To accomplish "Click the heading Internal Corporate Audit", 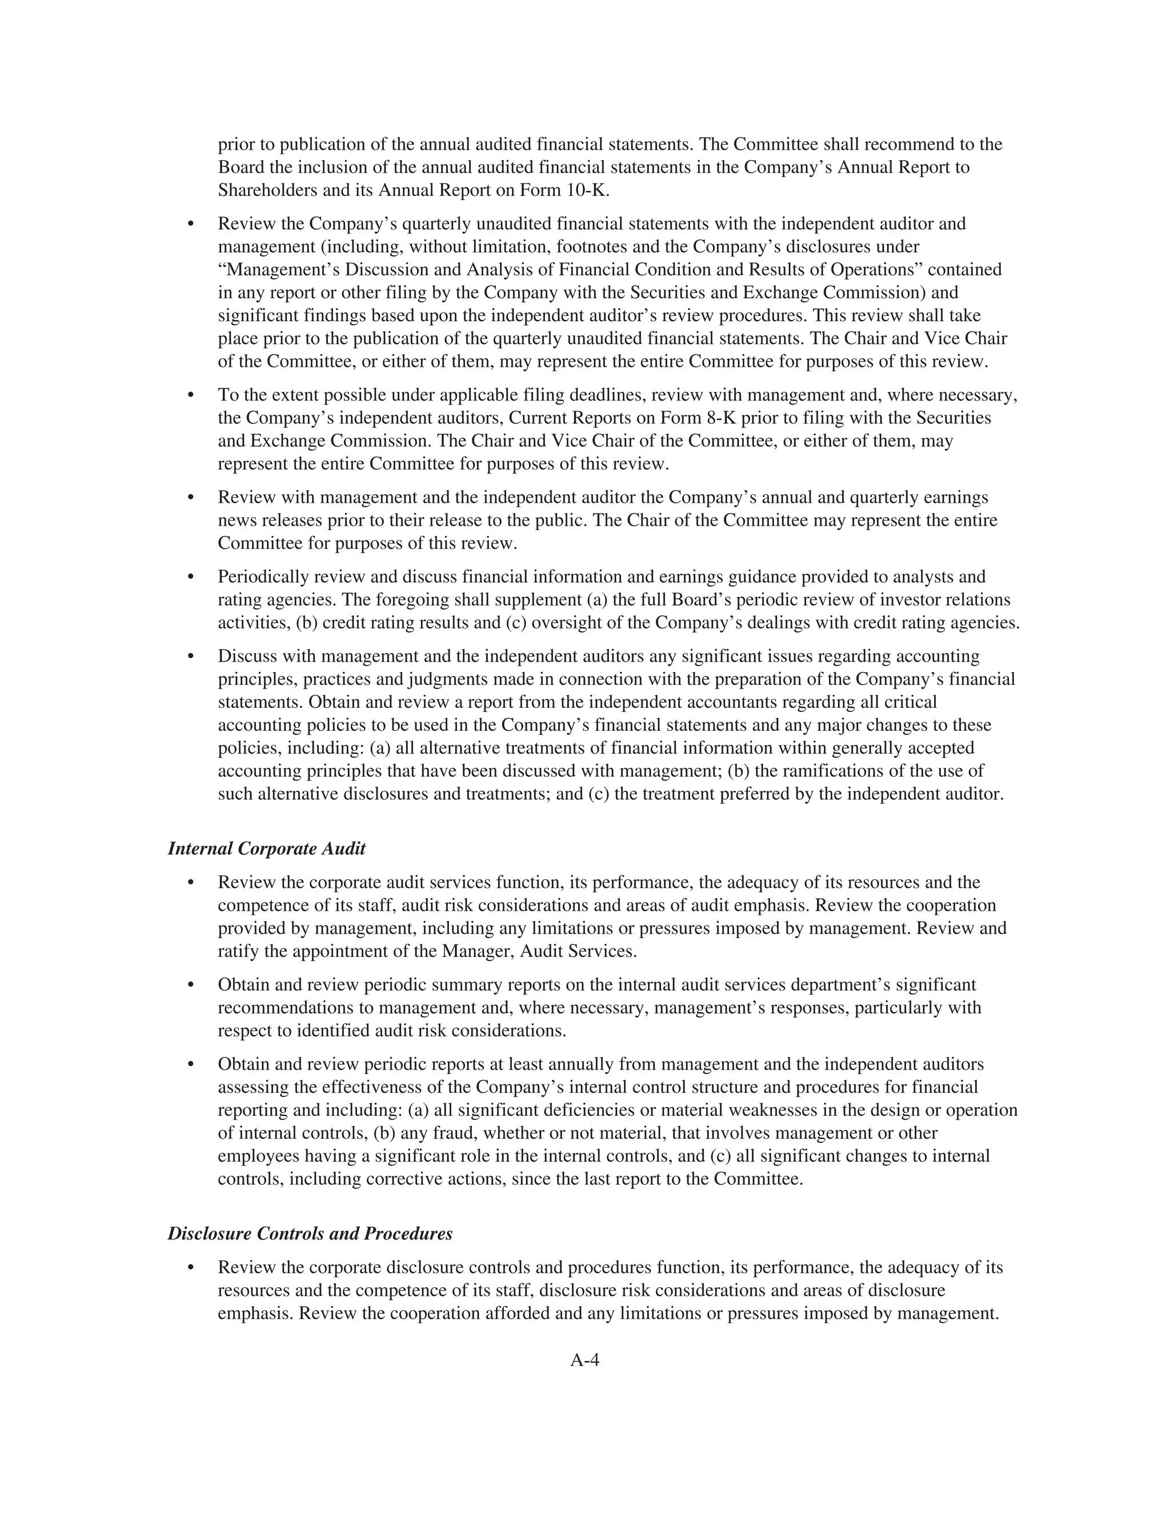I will click(267, 848).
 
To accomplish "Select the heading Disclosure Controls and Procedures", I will click(310, 1233).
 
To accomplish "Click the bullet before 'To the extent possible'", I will click(191, 396).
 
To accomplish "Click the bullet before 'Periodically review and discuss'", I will click(191, 578).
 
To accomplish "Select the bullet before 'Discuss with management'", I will click(191, 656).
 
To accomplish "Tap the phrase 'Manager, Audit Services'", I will click(538, 951).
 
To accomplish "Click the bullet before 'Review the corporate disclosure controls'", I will click(191, 1268).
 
